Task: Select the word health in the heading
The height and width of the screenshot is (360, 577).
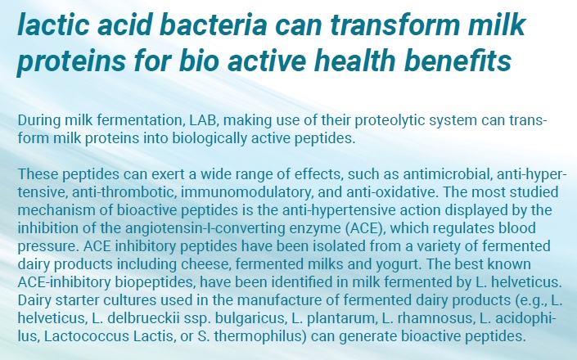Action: tap(354, 61)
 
